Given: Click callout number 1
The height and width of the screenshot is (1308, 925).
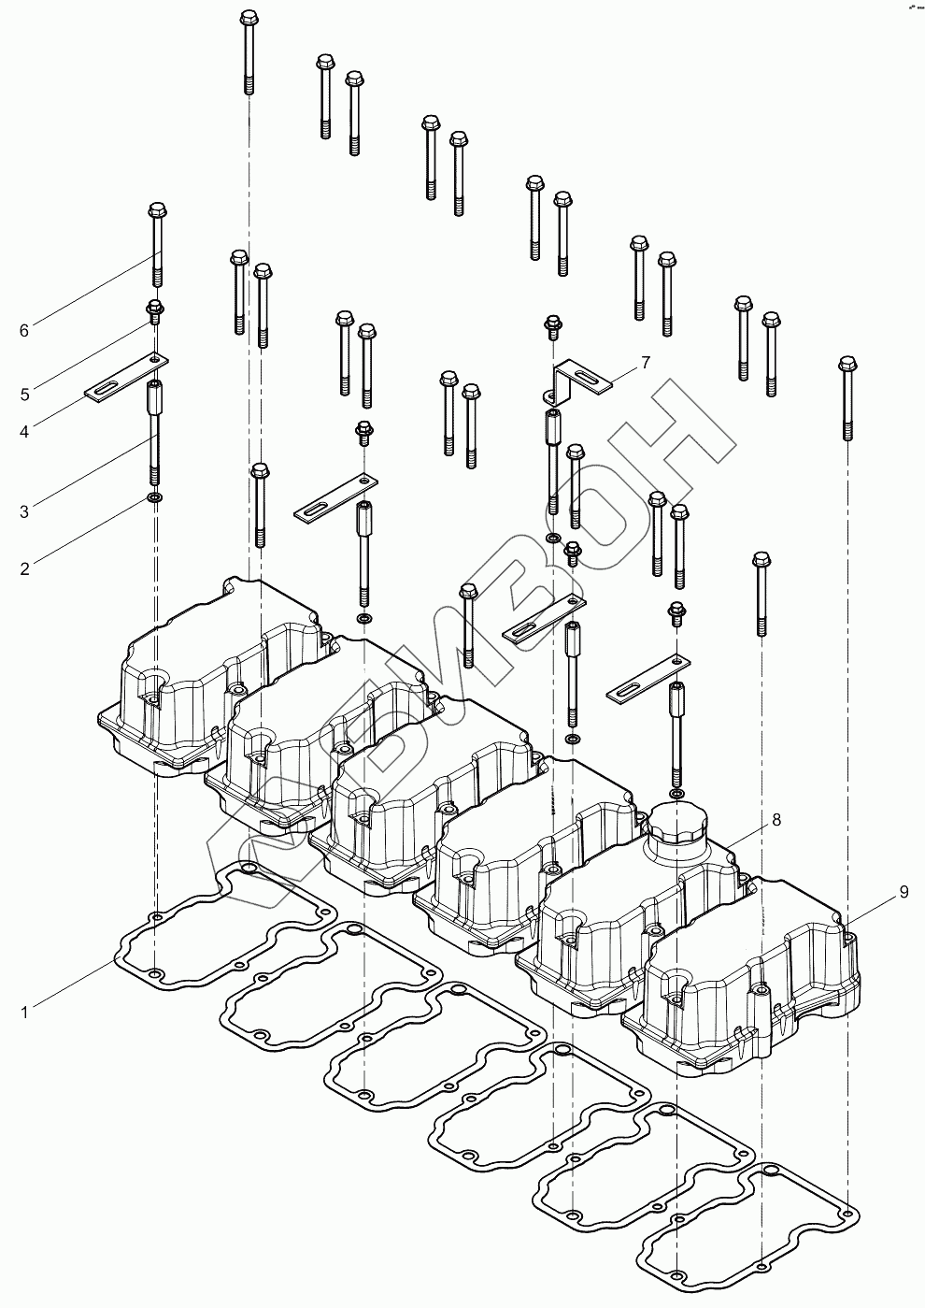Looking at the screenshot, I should pos(25,1011).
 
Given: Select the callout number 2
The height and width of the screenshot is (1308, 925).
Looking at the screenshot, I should pos(25,568).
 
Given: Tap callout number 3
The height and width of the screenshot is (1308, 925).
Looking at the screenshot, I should pos(25,511).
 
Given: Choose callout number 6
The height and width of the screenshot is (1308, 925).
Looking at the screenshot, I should pos(25,330).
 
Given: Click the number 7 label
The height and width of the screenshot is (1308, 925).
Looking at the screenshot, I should pos(645,362).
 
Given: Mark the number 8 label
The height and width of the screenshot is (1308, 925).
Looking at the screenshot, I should pos(776,820).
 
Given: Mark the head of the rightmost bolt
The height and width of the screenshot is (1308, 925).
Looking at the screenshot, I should pos(847,364).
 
